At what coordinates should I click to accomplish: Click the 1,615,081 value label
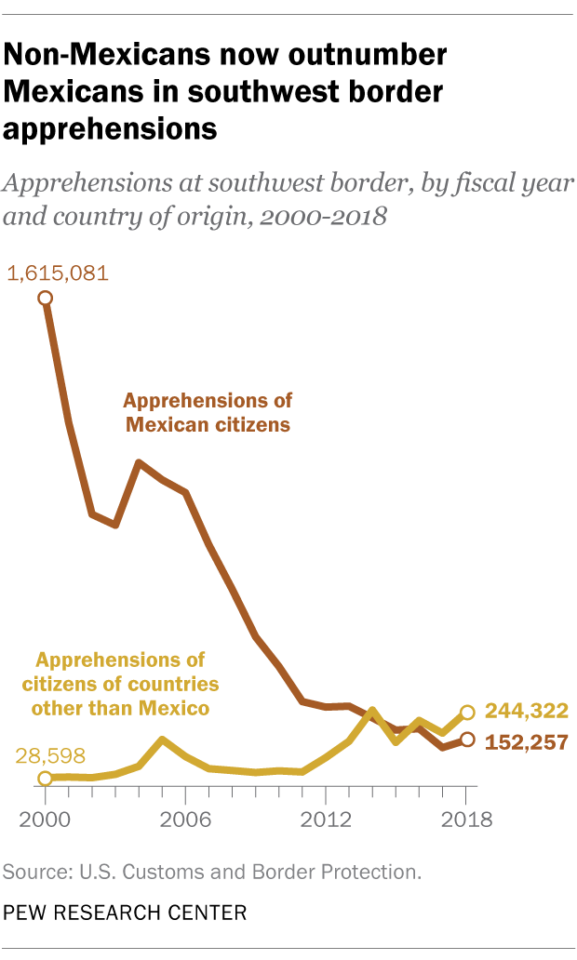[x=58, y=273]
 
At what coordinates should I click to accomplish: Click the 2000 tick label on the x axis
[x=45, y=821]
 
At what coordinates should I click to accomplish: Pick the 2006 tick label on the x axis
[x=185, y=821]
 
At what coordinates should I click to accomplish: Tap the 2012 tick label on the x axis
[x=326, y=821]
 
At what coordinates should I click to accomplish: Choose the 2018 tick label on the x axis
[x=466, y=821]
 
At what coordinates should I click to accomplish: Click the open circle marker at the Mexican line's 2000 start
[x=45, y=298]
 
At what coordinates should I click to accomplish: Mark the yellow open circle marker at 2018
[x=467, y=713]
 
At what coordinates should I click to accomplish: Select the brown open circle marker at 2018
[x=467, y=740]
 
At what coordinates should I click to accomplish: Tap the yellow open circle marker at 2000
[x=45, y=778]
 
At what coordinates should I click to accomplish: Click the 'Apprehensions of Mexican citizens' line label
[x=208, y=413]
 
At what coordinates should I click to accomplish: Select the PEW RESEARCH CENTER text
[x=126, y=913]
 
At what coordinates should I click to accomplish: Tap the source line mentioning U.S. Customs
[x=212, y=872]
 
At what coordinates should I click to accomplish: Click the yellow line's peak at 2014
[x=372, y=712]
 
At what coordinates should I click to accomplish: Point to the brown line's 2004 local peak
[x=139, y=462]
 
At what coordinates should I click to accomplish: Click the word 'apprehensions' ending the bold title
[x=110, y=128]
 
